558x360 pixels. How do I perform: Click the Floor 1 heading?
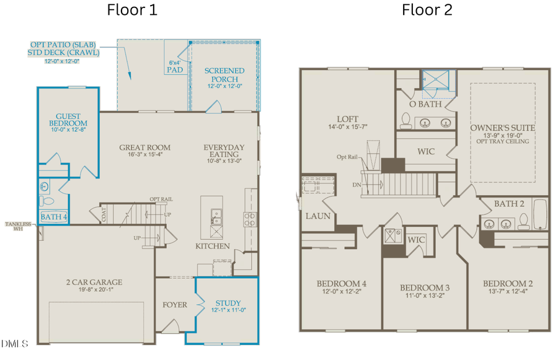click(x=132, y=10)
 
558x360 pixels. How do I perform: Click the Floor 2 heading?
click(x=427, y=10)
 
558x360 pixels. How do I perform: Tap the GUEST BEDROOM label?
click(x=68, y=120)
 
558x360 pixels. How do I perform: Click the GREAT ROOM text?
click(x=144, y=147)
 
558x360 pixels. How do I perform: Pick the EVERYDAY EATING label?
click(x=224, y=151)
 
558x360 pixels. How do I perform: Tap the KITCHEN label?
click(x=213, y=246)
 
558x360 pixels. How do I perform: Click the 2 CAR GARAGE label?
click(x=94, y=283)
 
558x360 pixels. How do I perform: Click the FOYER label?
click(x=174, y=305)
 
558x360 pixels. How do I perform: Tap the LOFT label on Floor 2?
click(x=348, y=119)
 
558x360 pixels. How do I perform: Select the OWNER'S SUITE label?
click(x=503, y=128)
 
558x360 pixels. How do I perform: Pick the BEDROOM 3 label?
click(x=424, y=288)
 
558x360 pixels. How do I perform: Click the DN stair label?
click(x=356, y=184)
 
